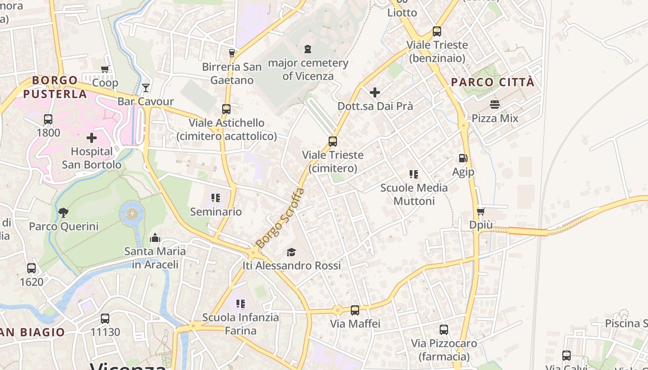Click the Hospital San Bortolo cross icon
click(x=92, y=137)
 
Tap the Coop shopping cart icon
click(x=105, y=69)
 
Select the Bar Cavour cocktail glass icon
click(x=146, y=87)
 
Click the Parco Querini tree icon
click(x=63, y=213)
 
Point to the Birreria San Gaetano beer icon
click(x=232, y=53)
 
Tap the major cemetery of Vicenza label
click(x=308, y=69)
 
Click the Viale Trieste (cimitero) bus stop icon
click(x=332, y=141)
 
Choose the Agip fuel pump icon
click(x=463, y=158)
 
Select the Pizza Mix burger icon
click(x=495, y=105)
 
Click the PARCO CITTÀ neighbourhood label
click(x=492, y=82)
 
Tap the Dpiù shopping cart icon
click(x=480, y=211)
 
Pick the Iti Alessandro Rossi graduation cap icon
click(x=291, y=252)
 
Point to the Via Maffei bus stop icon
click(x=355, y=310)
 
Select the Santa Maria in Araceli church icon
click(x=155, y=238)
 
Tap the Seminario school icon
click(x=216, y=198)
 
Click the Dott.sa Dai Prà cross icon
click(x=375, y=92)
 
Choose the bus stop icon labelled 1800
click(x=48, y=119)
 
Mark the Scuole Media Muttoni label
click(x=414, y=194)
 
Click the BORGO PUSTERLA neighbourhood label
click(x=55, y=87)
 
